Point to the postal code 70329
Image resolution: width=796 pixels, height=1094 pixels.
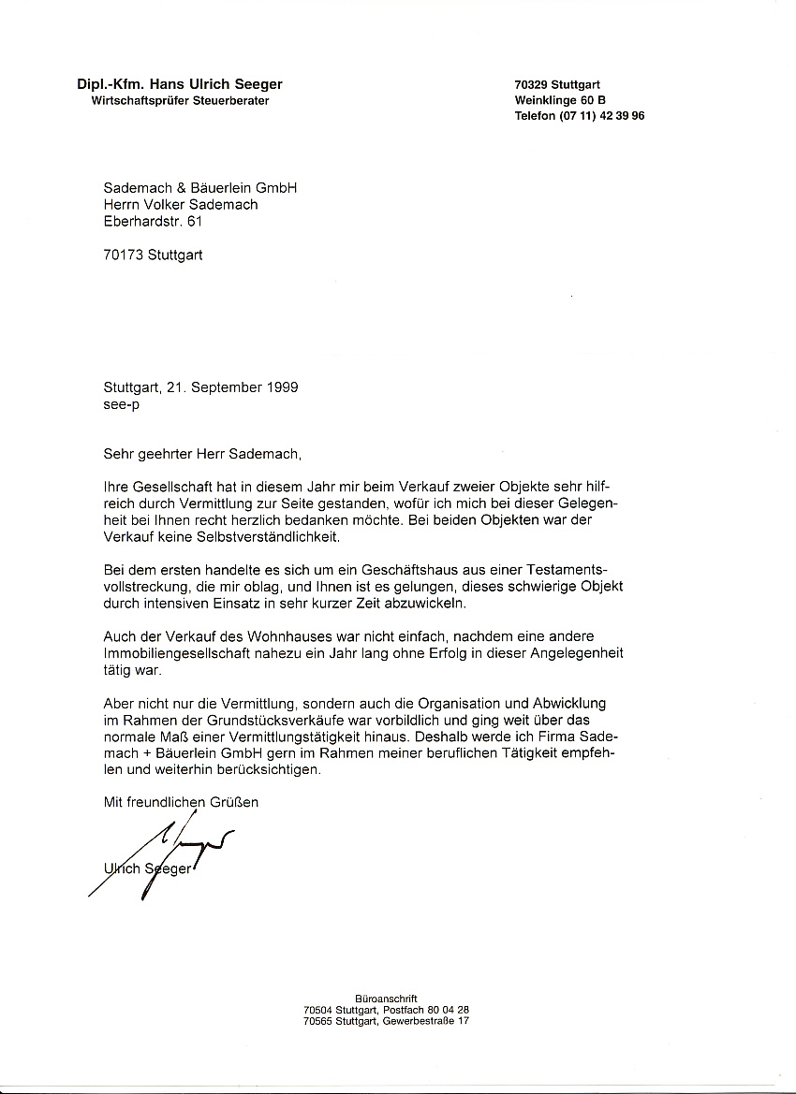[531, 84]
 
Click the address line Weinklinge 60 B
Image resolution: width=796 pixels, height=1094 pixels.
[560, 100]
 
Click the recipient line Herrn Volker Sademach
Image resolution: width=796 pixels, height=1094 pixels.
[181, 204]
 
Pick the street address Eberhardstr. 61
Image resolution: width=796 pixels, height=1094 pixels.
[153, 221]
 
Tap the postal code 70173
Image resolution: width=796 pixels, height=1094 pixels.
[124, 254]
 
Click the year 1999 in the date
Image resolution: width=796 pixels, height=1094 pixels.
[281, 387]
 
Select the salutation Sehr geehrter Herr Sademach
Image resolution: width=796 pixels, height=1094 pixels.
[203, 454]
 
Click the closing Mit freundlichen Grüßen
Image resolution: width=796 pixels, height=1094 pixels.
[181, 802]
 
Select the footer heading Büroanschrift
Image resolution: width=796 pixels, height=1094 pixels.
[386, 999]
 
